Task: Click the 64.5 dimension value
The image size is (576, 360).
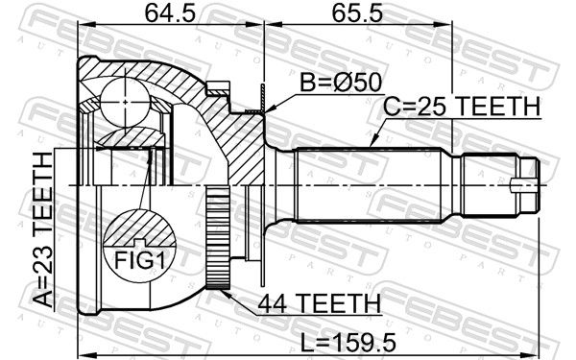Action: pos(170,14)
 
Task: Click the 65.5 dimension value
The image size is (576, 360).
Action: pos(357,14)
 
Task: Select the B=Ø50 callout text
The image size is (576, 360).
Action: pos(341,83)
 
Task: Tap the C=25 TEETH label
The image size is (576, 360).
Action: pos(462,107)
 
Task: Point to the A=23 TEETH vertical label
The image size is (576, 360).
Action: pos(43,230)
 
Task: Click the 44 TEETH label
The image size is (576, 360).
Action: pos(320,303)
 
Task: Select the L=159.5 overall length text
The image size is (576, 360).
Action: pos(348,343)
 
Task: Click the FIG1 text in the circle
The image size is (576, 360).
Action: pos(139,260)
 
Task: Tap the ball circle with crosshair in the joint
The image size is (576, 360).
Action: pos(125,102)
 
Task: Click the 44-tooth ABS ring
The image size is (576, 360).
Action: pos(218,238)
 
